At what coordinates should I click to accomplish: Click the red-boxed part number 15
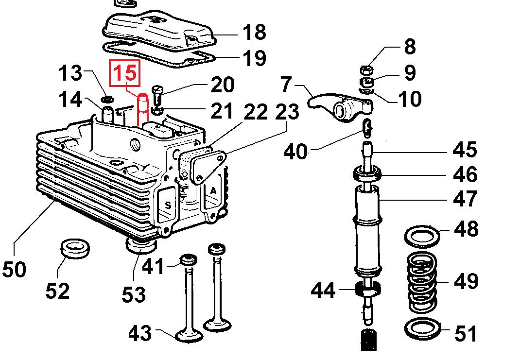point(126,74)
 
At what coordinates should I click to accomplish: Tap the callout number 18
point(254,33)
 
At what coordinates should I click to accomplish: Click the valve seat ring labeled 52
point(74,248)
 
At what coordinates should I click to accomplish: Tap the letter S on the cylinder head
point(168,205)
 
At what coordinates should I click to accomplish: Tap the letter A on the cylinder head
point(213,190)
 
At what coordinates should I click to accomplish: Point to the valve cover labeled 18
point(160,29)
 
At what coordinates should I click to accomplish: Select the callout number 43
point(140,333)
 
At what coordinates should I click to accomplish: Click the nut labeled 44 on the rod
point(367,290)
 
